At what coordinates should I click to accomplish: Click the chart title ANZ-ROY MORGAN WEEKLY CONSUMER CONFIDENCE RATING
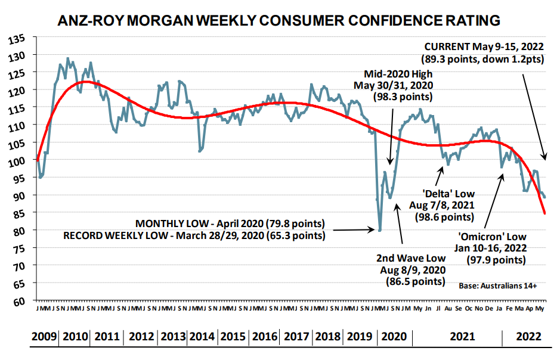point(279,21)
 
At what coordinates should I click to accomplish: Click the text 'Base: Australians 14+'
point(498,286)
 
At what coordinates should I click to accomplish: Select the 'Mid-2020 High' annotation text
point(398,73)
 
